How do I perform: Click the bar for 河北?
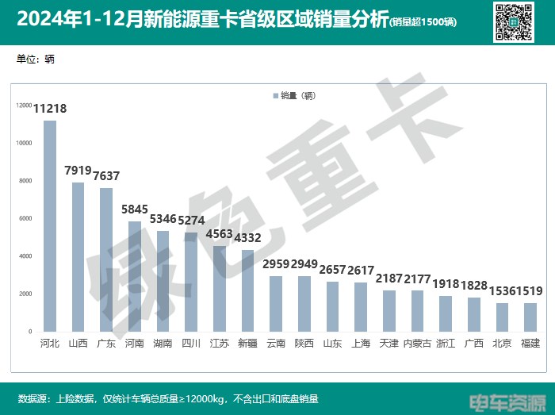coord(50,226)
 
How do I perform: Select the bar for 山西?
coord(78,257)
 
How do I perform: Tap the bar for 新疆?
coord(247,290)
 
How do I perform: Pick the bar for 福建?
coord(530,317)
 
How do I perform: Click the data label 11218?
coord(50,110)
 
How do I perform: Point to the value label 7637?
coord(106,176)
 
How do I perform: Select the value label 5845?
coord(135,210)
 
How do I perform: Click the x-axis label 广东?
coord(106,343)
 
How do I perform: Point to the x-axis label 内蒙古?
coord(417,343)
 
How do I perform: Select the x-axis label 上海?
coord(361,343)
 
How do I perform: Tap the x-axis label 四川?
coord(191,343)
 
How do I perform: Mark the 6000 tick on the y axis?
coord(25,218)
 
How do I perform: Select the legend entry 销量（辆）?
coord(295,96)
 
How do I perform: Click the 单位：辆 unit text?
coord(36,60)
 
